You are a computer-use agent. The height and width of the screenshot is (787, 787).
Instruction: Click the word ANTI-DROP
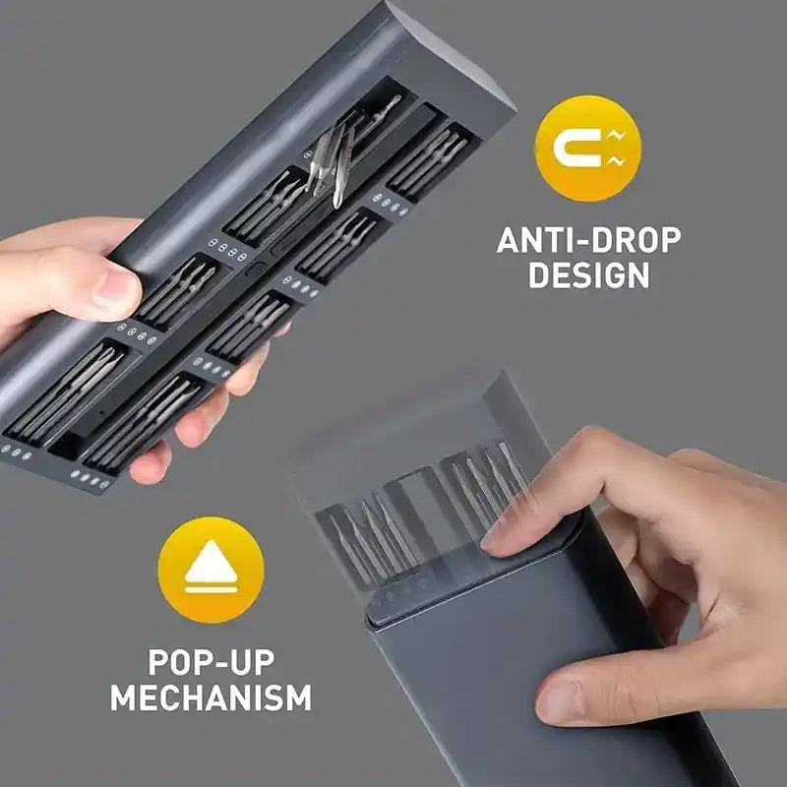coord(588,240)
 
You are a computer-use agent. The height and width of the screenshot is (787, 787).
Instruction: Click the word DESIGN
coord(588,275)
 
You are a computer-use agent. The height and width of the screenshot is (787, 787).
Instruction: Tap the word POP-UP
coord(212,662)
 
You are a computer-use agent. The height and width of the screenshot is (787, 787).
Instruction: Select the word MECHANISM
coord(211,697)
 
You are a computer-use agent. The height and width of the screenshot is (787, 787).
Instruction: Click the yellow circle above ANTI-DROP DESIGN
coord(588,149)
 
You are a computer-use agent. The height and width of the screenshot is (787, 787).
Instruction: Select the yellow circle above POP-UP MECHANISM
coord(211,570)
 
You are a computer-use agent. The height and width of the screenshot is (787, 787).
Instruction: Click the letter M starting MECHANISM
coord(123,697)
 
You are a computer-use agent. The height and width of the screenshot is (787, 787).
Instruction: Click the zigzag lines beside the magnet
coord(616,149)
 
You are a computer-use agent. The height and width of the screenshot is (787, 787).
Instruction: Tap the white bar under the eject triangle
coord(211,589)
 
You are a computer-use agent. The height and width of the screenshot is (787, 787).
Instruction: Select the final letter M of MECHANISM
coord(299,697)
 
